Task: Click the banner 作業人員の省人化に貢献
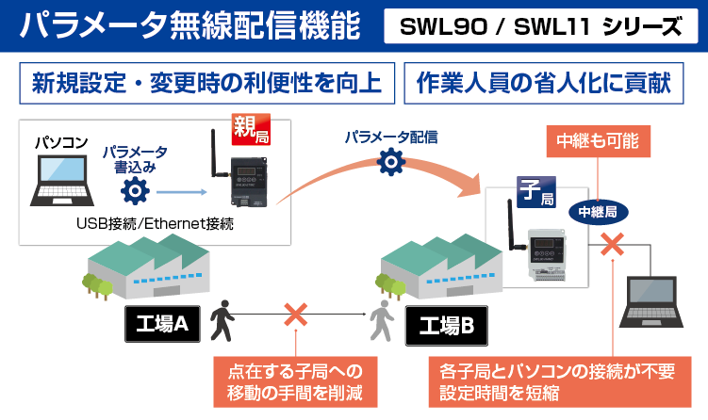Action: click(543, 83)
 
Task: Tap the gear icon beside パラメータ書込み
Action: click(136, 192)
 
